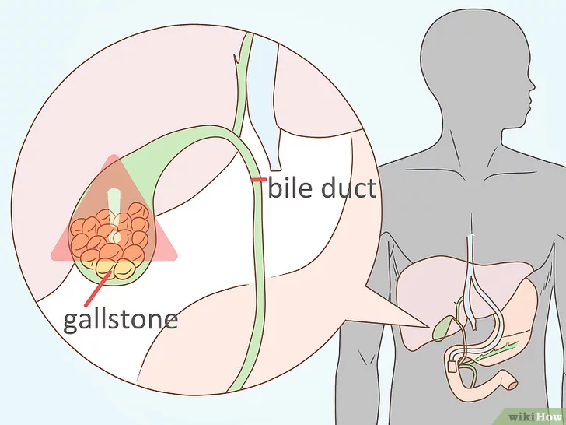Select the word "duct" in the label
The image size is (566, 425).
pyautogui.click(x=349, y=188)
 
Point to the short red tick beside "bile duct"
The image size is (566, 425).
pyautogui.click(x=260, y=180)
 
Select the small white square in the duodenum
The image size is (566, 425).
pyautogui.click(x=452, y=367)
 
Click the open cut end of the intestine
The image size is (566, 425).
pyautogui.click(x=513, y=385)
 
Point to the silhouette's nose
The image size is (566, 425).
pyautogui.click(x=532, y=86)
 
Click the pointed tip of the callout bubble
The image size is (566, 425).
pyautogui.click(x=429, y=327)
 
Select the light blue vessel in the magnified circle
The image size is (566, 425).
pyautogui.click(x=267, y=101)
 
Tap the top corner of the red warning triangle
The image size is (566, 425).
pyautogui.click(x=114, y=156)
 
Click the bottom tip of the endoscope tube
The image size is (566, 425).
pyautogui.click(x=474, y=328)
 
